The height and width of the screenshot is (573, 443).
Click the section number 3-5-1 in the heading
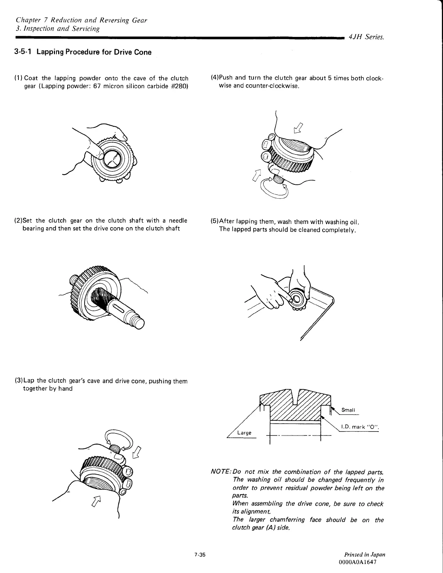coord(22,52)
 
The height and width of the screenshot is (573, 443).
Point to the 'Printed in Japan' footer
coord(365,555)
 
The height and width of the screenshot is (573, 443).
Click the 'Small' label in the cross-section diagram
coord(348,410)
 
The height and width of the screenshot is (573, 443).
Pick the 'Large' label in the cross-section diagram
coord(244,433)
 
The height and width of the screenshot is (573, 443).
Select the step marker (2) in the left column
coord(18,221)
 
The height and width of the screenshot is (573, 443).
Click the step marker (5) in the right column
coord(215,222)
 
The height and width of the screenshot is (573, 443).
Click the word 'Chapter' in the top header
coord(27,20)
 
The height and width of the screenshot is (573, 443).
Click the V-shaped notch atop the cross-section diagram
coord(295,394)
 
